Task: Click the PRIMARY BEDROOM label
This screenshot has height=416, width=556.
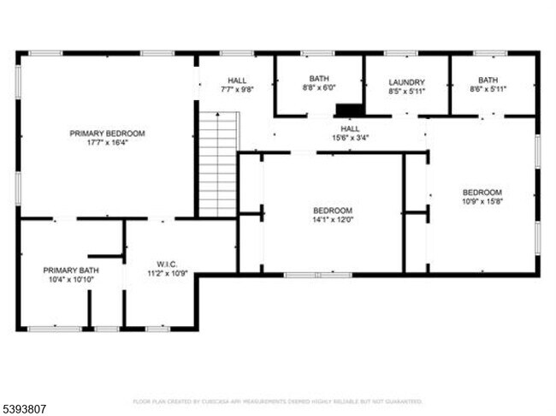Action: pyautogui.click(x=107, y=134)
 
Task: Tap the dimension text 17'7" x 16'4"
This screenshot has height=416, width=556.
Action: pyautogui.click(x=107, y=143)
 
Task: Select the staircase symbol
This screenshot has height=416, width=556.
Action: pyautogui.click(x=217, y=163)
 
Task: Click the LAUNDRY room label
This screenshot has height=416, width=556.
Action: pyautogui.click(x=406, y=82)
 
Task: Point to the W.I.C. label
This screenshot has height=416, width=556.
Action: pyautogui.click(x=166, y=264)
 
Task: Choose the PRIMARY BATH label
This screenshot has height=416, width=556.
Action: pyautogui.click(x=66, y=270)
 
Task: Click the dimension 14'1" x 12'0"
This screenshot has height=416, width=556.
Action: pyautogui.click(x=332, y=220)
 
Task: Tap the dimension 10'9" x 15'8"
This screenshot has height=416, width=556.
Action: pyautogui.click(x=482, y=201)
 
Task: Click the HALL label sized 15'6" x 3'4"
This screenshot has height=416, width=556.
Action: pyautogui.click(x=351, y=128)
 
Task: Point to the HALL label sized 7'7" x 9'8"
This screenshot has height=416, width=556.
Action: pyautogui.click(x=237, y=80)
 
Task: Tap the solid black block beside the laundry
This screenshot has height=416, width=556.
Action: pyautogui.click(x=348, y=110)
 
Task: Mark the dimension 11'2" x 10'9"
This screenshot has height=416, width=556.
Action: pyautogui.click(x=166, y=274)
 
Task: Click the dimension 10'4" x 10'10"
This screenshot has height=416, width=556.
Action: pyautogui.click(x=66, y=279)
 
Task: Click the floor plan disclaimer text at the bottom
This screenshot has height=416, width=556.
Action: pyautogui.click(x=277, y=401)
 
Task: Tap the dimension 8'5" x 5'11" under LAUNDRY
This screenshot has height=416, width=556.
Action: pyautogui.click(x=406, y=91)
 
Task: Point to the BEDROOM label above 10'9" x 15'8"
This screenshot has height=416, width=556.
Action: pyautogui.click(x=482, y=192)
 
